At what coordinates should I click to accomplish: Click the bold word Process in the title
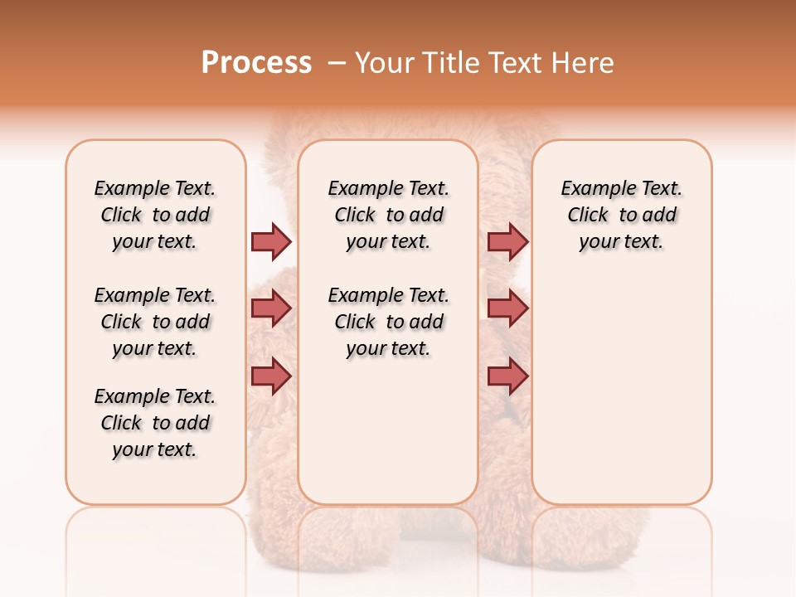256,63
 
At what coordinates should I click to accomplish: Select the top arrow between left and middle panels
271,241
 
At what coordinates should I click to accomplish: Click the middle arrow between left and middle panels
271,308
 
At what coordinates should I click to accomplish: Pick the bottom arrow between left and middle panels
271,376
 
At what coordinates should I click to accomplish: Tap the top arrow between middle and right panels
507,241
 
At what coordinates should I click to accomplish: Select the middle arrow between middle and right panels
507,308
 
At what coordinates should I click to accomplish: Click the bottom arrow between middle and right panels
507,376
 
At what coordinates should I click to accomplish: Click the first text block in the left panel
155,215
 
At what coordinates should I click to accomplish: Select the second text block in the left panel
155,322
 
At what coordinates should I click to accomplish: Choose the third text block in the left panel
155,423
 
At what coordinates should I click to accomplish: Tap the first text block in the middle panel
388,215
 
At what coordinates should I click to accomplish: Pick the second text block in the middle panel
388,322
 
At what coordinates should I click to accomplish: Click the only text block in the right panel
621,215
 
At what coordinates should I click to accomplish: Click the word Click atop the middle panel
355,216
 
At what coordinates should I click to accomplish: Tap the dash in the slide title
337,63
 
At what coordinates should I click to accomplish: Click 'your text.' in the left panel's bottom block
155,449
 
